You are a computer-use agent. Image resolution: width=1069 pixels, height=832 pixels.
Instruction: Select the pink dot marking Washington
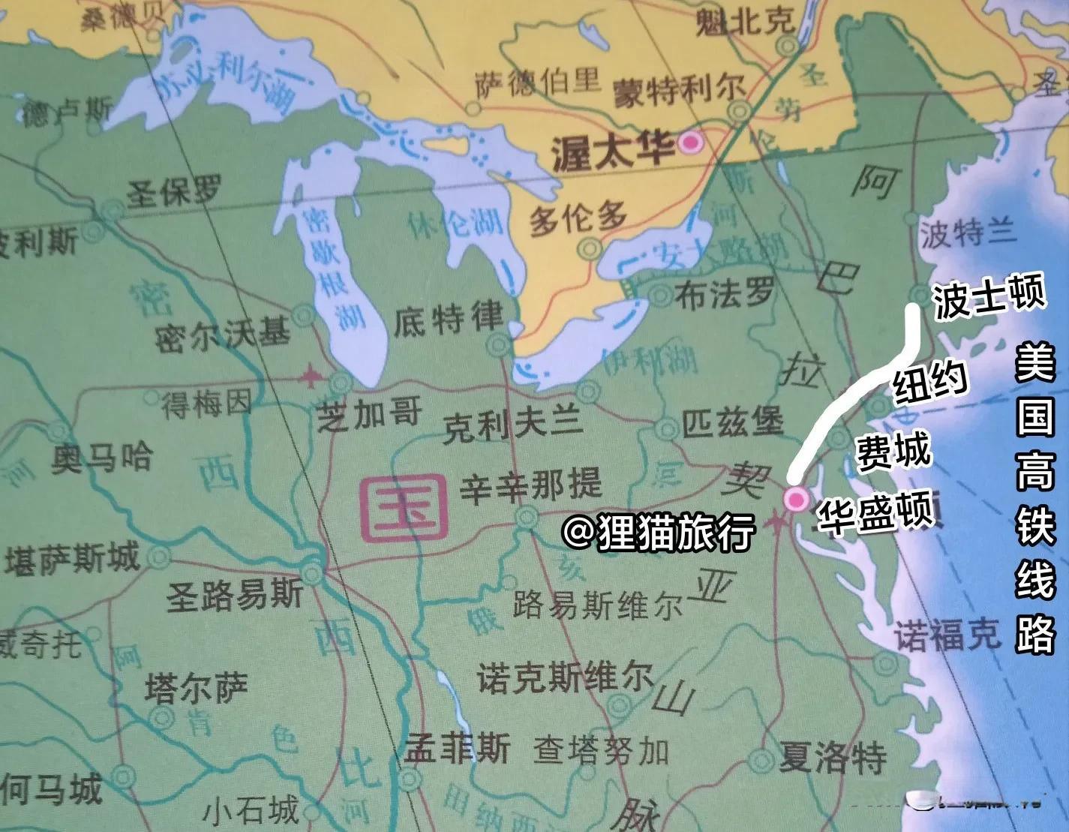795,498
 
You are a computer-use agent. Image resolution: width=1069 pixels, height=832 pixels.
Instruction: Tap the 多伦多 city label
578,219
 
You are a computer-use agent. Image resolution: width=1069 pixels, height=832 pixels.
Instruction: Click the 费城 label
894,452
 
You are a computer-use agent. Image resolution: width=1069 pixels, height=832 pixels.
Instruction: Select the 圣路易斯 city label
235,594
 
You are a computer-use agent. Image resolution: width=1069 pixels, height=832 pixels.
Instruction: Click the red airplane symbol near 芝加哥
310,377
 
